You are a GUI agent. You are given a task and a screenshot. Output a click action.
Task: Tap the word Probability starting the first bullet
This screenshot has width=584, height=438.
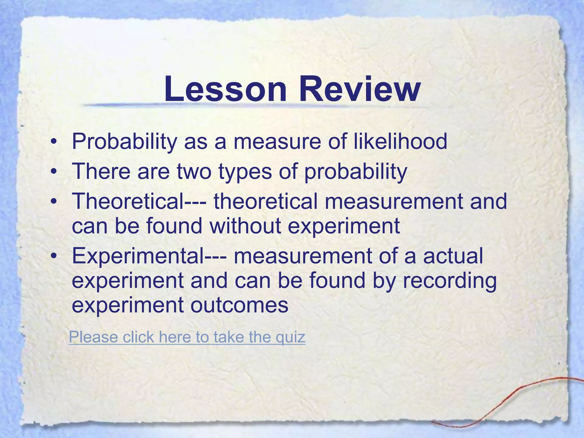(x=124, y=141)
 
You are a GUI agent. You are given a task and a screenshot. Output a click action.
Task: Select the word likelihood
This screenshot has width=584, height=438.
(x=400, y=141)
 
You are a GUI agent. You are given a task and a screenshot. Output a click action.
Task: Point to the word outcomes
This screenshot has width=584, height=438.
(x=239, y=305)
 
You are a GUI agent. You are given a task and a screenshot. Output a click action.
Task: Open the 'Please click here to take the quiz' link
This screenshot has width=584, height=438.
(x=187, y=337)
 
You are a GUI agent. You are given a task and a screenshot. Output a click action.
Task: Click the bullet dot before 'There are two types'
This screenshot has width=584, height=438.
(x=53, y=172)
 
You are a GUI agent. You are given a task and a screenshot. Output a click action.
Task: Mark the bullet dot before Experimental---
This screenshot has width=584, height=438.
(x=53, y=256)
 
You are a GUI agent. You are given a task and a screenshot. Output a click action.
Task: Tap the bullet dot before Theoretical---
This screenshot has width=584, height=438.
(x=53, y=201)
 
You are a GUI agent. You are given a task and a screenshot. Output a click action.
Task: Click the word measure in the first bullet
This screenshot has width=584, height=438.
(x=277, y=141)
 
